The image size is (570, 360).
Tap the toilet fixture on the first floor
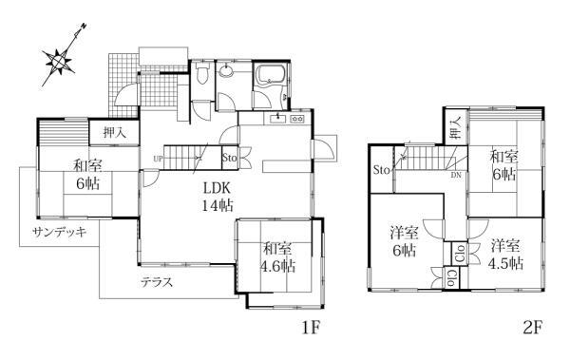click(x=201, y=74)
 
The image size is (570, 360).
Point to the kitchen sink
click(x=278, y=118)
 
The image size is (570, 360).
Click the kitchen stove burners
click(x=297, y=119)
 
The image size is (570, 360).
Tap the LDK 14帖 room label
click(x=218, y=197)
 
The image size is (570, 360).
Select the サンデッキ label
click(x=60, y=232)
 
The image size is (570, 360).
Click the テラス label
click(x=157, y=282)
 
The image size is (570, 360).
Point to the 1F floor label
click(x=311, y=328)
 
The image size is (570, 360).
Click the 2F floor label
click(x=533, y=328)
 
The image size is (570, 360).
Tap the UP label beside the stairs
click(x=158, y=159)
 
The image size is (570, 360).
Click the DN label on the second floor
click(x=456, y=176)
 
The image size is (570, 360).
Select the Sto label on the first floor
click(x=229, y=158)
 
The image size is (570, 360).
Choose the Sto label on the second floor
click(x=382, y=170)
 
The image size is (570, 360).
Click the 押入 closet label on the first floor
click(x=115, y=132)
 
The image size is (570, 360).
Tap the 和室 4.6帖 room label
click(x=277, y=257)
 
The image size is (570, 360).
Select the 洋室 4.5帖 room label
click(x=505, y=255)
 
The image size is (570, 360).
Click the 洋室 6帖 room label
click(x=404, y=241)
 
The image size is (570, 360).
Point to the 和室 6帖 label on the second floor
click(x=503, y=165)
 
